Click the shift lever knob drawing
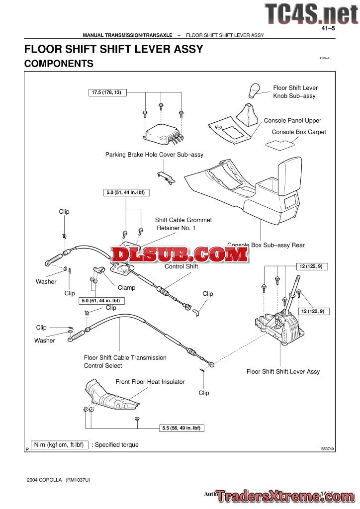[x=255, y=90]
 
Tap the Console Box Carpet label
[x=299, y=132]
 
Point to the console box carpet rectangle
[x=279, y=144]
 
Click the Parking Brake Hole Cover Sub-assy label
[x=154, y=155]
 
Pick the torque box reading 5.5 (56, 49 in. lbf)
[x=182, y=428]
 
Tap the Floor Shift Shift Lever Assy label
[x=283, y=371]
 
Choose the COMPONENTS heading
[x=59, y=64]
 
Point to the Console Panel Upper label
[x=292, y=120]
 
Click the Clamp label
[x=126, y=287]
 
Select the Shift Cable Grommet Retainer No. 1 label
[x=183, y=224]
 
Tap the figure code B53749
[x=328, y=448]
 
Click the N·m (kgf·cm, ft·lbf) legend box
[x=59, y=445]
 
